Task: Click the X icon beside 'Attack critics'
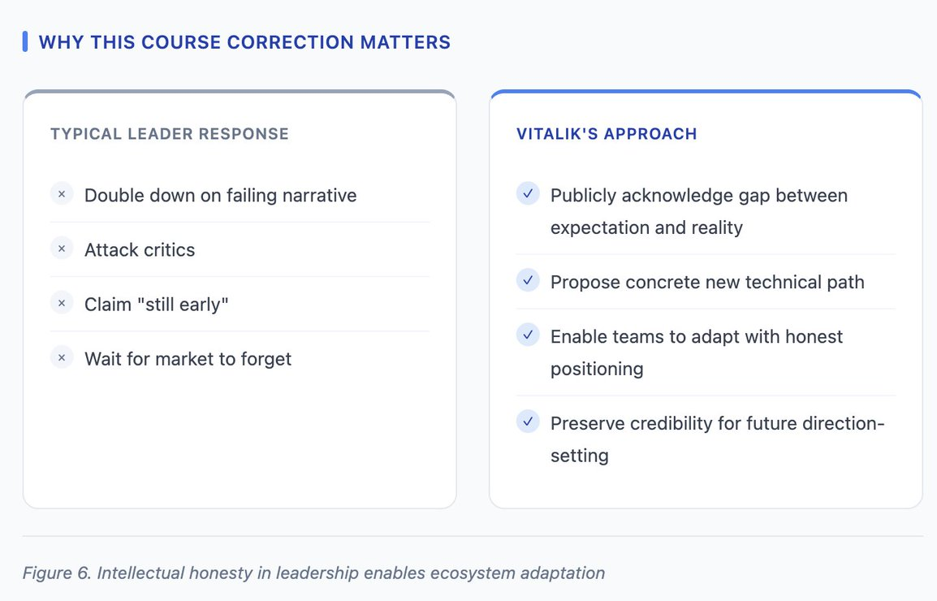tap(62, 249)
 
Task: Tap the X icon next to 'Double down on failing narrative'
tap(62, 194)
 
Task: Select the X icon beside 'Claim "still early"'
tap(62, 303)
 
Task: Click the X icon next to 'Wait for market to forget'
tap(62, 358)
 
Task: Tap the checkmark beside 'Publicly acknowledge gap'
tap(528, 194)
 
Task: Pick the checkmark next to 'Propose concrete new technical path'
tap(528, 280)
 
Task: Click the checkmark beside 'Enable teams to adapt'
tap(528, 335)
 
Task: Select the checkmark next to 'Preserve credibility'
tap(528, 422)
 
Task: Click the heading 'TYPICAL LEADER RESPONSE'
tap(169, 134)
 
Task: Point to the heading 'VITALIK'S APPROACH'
tap(607, 134)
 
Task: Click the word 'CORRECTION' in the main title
tap(291, 42)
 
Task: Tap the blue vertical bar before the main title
tap(25, 42)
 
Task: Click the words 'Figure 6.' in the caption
tap(57, 573)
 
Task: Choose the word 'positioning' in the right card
tap(597, 370)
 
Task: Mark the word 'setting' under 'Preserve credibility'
tap(580, 456)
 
